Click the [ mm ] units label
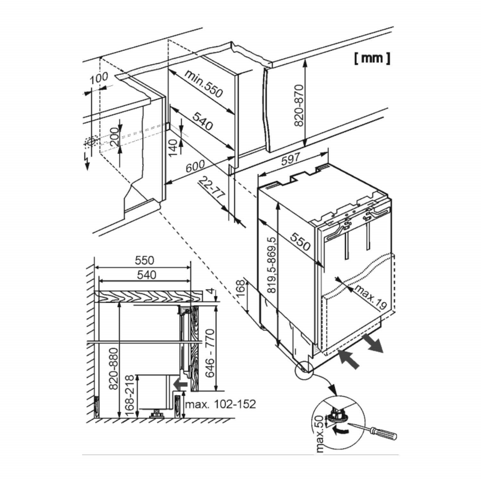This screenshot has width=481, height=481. click(372, 58)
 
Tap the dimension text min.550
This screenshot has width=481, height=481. click(203, 84)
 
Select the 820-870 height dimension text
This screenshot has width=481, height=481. click(299, 105)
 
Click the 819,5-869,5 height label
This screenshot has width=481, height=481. click(272, 265)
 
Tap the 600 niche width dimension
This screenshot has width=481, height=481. click(195, 166)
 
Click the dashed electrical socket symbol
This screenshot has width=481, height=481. click(91, 141)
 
